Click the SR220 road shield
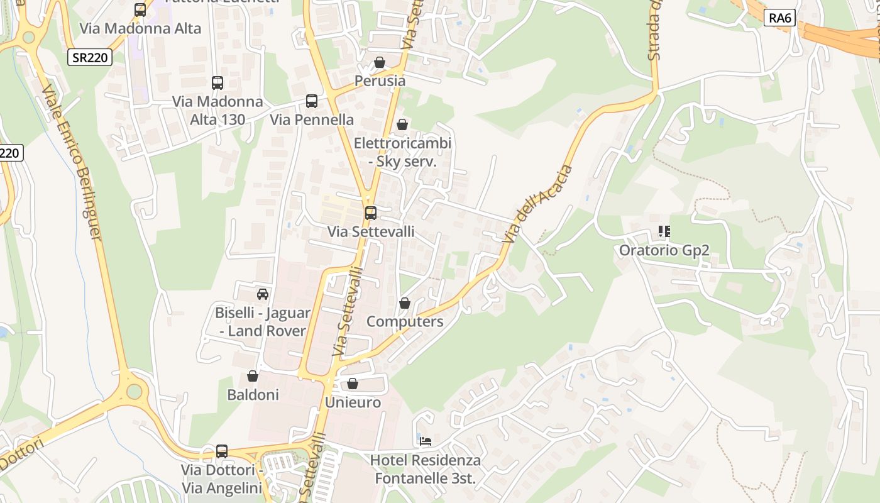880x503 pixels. [x=90, y=58]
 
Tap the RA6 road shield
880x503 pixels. [x=780, y=18]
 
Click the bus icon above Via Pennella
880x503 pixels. [x=311, y=101]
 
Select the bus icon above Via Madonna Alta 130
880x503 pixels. [x=217, y=83]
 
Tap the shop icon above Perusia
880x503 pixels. [x=380, y=62]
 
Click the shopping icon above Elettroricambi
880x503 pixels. [x=402, y=124]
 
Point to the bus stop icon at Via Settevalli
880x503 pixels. [x=371, y=213]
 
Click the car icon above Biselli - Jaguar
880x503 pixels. [x=263, y=294]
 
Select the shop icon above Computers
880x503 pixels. [x=405, y=303]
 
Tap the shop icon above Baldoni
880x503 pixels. [x=253, y=376]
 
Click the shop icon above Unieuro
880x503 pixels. [x=353, y=384]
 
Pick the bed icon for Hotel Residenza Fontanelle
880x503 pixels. [x=426, y=441]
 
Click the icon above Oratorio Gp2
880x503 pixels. [x=664, y=231]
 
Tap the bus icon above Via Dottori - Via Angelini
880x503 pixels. [x=222, y=451]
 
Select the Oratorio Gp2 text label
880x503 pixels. [x=664, y=250]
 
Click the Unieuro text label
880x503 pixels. [x=353, y=402]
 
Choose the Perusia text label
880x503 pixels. [x=380, y=81]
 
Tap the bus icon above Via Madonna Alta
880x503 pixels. [x=140, y=10]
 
